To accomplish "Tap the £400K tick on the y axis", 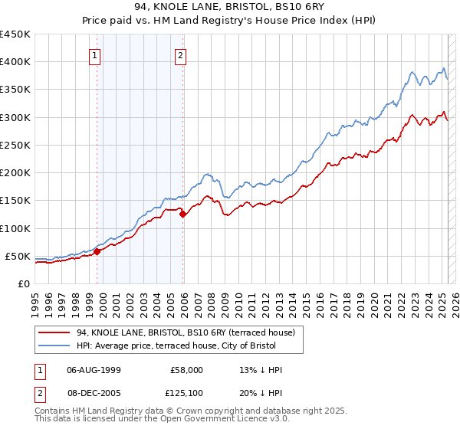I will tap(15, 62).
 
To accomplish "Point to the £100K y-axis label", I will tap(15, 228).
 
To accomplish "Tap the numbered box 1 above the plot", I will tap(94, 55).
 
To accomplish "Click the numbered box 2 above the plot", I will tap(180, 55).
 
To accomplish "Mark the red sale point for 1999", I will tap(97, 251).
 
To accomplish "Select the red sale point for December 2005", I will tap(183, 215).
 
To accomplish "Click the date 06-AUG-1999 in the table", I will tap(94, 369).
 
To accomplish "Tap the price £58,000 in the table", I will tap(186, 369).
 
